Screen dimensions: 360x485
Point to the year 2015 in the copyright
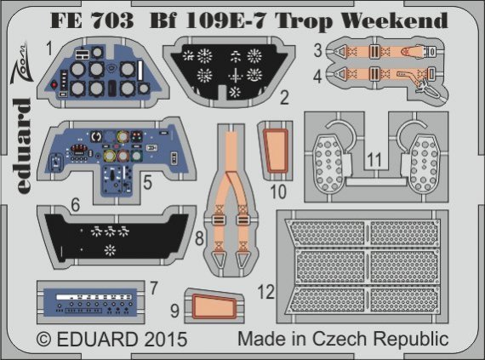[x=158, y=338]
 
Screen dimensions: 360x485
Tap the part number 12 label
[x=266, y=292]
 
